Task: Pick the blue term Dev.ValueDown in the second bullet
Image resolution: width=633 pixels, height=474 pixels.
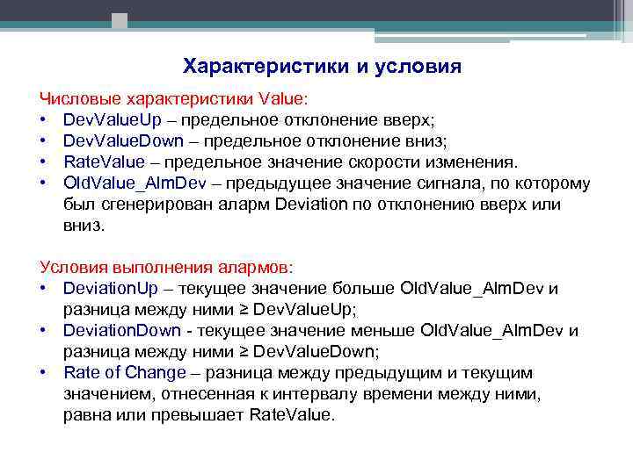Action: pos(124,140)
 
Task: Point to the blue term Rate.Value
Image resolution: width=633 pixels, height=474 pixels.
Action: pos(105,162)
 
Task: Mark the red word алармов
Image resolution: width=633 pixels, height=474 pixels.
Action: pos(262,267)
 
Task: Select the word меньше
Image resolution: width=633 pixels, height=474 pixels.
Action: pos(386,330)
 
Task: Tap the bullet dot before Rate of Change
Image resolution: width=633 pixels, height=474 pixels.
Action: pos(43,372)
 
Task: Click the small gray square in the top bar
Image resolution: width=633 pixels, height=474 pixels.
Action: pos(120,20)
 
